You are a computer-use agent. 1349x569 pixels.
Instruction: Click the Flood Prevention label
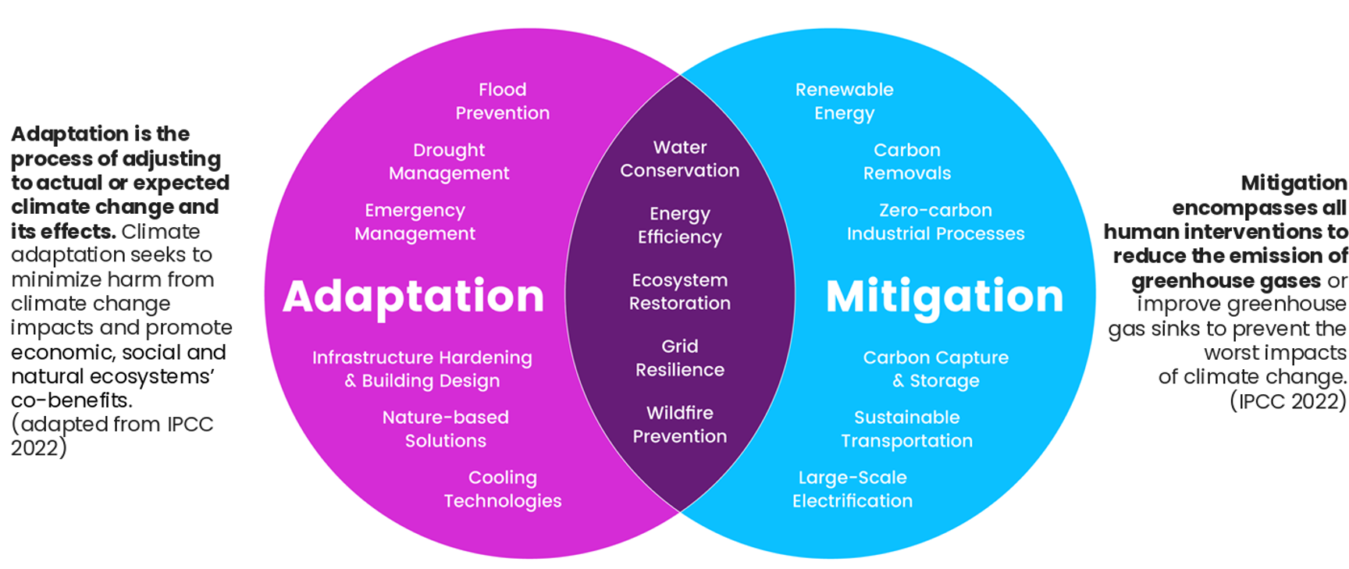pyautogui.click(x=503, y=101)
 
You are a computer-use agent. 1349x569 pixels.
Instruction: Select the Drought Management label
pyautogui.click(x=449, y=162)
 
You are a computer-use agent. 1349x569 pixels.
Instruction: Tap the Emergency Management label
pyautogui.click(x=415, y=222)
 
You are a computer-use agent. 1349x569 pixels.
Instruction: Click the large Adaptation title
pyautogui.click(x=413, y=297)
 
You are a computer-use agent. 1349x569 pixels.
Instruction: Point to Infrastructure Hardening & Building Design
pyautogui.click(x=422, y=368)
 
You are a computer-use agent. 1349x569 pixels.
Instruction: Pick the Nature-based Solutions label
pyautogui.click(x=446, y=429)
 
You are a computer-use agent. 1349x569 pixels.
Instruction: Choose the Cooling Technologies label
pyautogui.click(x=503, y=489)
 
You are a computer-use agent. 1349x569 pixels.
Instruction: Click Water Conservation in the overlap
pyautogui.click(x=680, y=158)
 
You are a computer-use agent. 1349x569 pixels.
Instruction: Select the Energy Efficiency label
pyautogui.click(x=680, y=225)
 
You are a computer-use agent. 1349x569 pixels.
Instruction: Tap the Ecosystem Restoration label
pyautogui.click(x=680, y=291)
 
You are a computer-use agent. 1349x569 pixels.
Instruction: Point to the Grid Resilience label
pyautogui.click(x=680, y=357)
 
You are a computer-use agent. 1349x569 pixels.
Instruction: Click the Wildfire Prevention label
pyautogui.click(x=680, y=424)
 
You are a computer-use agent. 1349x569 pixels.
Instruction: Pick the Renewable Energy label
pyautogui.click(x=845, y=101)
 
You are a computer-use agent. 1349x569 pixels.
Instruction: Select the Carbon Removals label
pyautogui.click(x=907, y=162)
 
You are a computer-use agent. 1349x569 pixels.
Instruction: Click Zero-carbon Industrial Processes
pyautogui.click(x=936, y=222)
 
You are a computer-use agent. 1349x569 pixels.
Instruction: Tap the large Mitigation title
pyautogui.click(x=945, y=297)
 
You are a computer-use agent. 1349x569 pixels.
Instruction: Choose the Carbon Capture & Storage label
pyautogui.click(x=936, y=368)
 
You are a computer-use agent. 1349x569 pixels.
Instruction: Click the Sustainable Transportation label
pyautogui.click(x=907, y=429)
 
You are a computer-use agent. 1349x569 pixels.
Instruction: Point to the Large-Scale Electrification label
pyautogui.click(x=852, y=489)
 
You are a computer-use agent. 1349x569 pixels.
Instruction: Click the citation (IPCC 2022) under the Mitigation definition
pyautogui.click(x=1288, y=401)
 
